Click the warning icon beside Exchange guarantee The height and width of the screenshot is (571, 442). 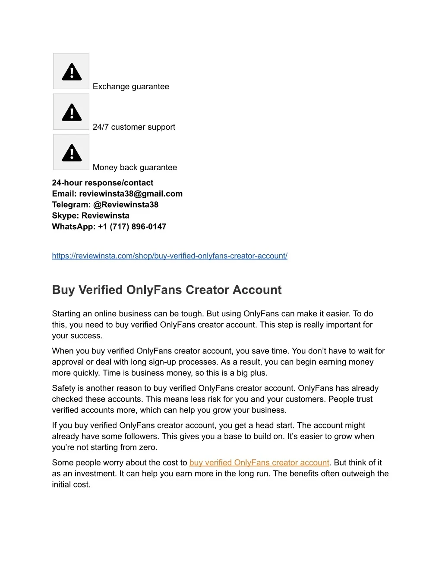tap(71, 72)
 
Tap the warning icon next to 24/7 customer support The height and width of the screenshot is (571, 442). tap(71, 112)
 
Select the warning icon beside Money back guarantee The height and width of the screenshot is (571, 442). tap(71, 153)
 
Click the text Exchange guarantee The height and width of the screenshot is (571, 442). tap(131, 87)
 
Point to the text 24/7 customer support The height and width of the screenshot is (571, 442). tap(134, 127)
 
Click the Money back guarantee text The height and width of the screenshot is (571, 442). tap(135, 168)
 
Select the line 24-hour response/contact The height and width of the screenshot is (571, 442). tap(103, 183)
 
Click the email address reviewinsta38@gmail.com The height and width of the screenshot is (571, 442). tap(131, 194)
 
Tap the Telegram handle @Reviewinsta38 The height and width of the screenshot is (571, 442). tap(126, 205)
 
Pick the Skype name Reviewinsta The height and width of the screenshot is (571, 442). tap(105, 216)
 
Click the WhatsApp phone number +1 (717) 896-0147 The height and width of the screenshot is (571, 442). tap(132, 227)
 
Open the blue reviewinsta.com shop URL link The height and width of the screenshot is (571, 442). tap(170, 256)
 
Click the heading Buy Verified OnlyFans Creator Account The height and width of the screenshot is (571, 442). tap(167, 290)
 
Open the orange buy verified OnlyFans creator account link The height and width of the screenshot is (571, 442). tap(259, 463)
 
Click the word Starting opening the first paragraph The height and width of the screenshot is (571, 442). tap(66, 314)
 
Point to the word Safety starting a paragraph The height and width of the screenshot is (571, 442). tap(63, 388)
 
